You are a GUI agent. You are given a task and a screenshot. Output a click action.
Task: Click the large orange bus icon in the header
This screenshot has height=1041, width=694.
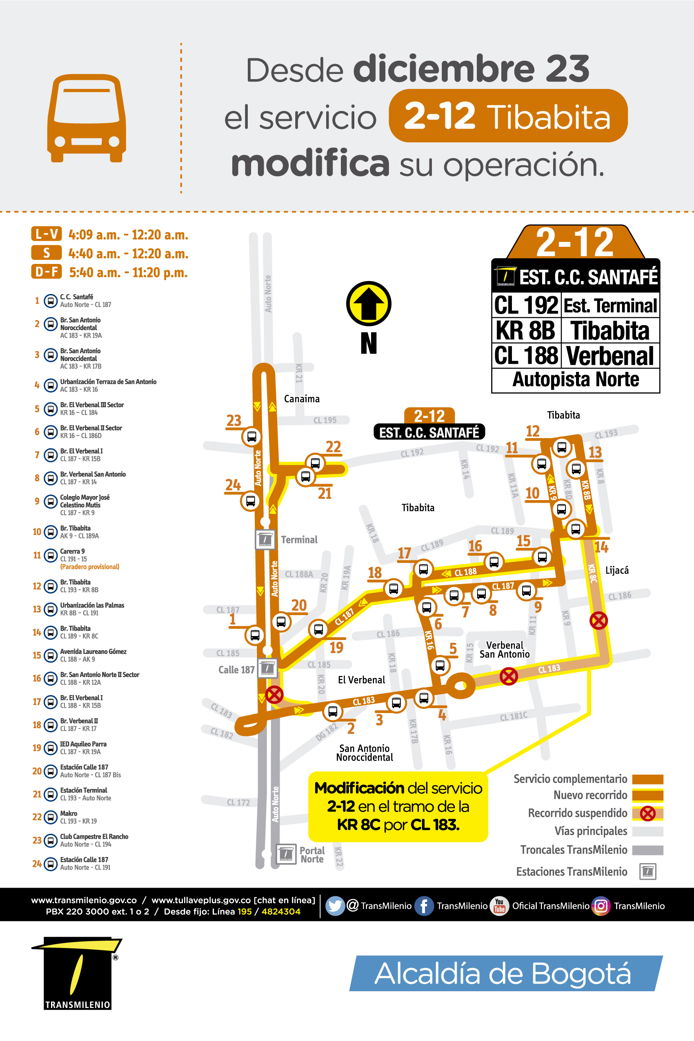pyautogui.click(x=86, y=118)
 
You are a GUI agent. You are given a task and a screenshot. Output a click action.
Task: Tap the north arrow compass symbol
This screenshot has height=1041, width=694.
pyautogui.click(x=368, y=304)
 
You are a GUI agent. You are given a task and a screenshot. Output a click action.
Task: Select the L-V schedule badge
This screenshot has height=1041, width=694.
pyautogui.click(x=47, y=234)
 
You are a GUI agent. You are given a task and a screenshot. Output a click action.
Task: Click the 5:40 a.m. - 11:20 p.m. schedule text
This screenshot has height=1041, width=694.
pyautogui.click(x=128, y=272)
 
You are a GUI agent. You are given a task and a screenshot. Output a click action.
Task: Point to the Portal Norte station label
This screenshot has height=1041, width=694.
pyautogui.click(x=312, y=855)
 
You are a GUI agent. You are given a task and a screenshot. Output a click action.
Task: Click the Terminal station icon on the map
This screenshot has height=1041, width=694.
pyautogui.click(x=265, y=540)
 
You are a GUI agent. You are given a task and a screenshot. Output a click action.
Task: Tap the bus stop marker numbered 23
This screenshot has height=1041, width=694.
pyautogui.click(x=251, y=436)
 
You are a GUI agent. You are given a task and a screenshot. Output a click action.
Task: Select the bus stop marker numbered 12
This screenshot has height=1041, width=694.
pyautogui.click(x=561, y=447)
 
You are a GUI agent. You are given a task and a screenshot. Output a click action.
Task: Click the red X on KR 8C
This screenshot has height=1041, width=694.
pyautogui.click(x=598, y=620)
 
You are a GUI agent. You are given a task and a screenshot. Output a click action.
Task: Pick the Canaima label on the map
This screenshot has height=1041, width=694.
pyautogui.click(x=302, y=399)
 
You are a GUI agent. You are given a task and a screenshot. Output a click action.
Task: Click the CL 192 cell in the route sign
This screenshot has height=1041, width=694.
pyautogui.click(x=526, y=305)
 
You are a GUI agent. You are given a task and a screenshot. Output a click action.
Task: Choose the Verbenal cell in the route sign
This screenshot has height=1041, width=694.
pyautogui.click(x=610, y=356)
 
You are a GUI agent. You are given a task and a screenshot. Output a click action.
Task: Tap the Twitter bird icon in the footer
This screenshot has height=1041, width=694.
pyautogui.click(x=335, y=906)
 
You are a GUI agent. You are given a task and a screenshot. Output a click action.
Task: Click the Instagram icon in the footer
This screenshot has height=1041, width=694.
pyautogui.click(x=601, y=906)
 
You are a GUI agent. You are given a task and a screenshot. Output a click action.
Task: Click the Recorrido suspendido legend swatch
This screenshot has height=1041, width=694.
pyautogui.click(x=647, y=813)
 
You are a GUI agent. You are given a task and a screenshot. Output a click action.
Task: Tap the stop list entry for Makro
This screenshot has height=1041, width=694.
pyautogui.click(x=69, y=817)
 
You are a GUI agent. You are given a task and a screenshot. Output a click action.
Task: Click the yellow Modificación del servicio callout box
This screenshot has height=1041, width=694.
pyautogui.click(x=398, y=806)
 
